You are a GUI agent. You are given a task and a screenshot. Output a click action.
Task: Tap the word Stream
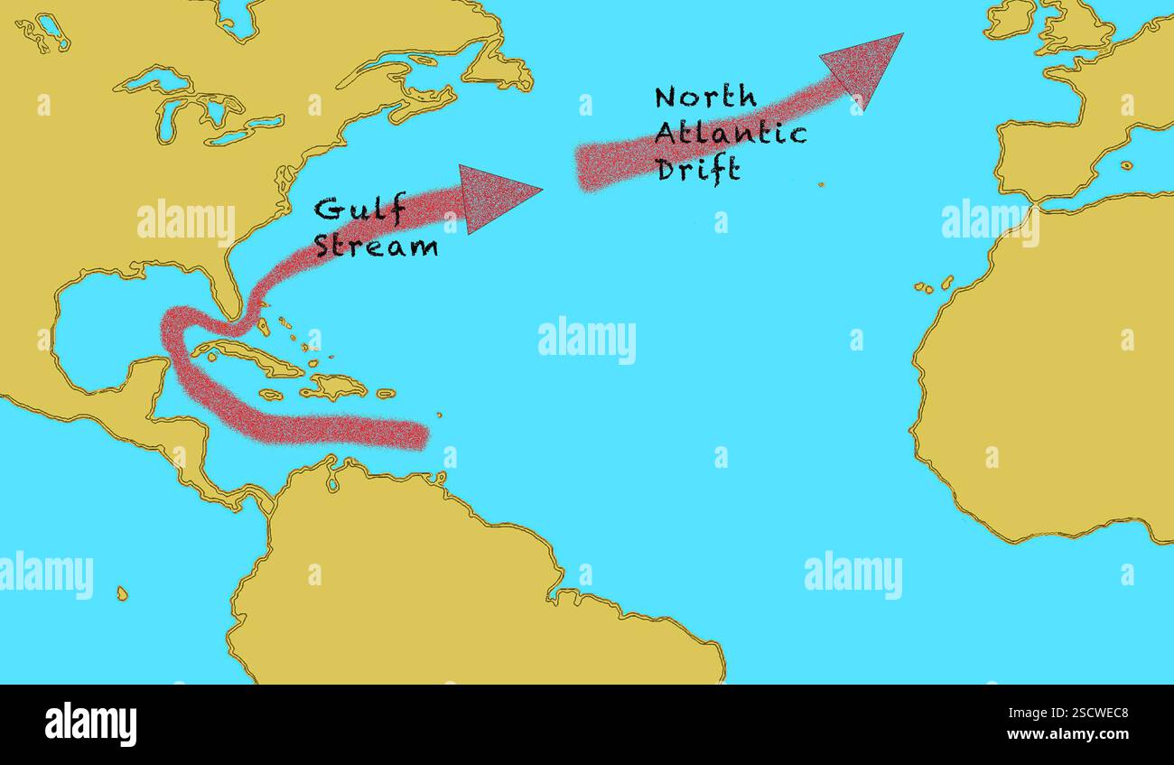376,246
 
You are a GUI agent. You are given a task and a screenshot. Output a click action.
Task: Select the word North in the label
705,98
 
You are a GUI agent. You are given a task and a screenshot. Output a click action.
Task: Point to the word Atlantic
730,134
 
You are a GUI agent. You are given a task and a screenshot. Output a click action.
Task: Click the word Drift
698,169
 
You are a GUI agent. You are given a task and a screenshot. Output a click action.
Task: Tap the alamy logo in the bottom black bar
90,724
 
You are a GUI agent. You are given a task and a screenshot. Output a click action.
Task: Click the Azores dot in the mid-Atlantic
821,184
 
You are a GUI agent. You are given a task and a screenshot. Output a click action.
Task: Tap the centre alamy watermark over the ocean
587,340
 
